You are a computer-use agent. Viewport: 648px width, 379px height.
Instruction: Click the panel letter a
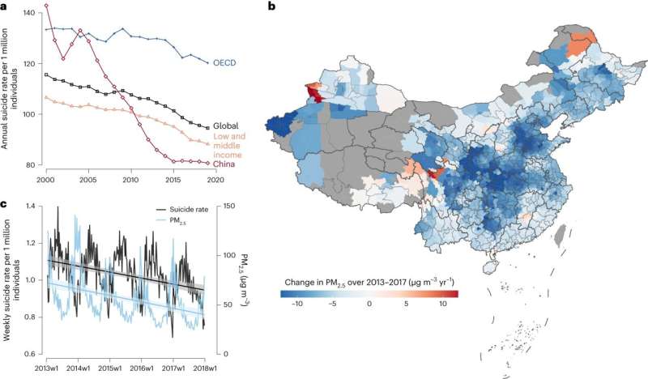pos(4,6)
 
